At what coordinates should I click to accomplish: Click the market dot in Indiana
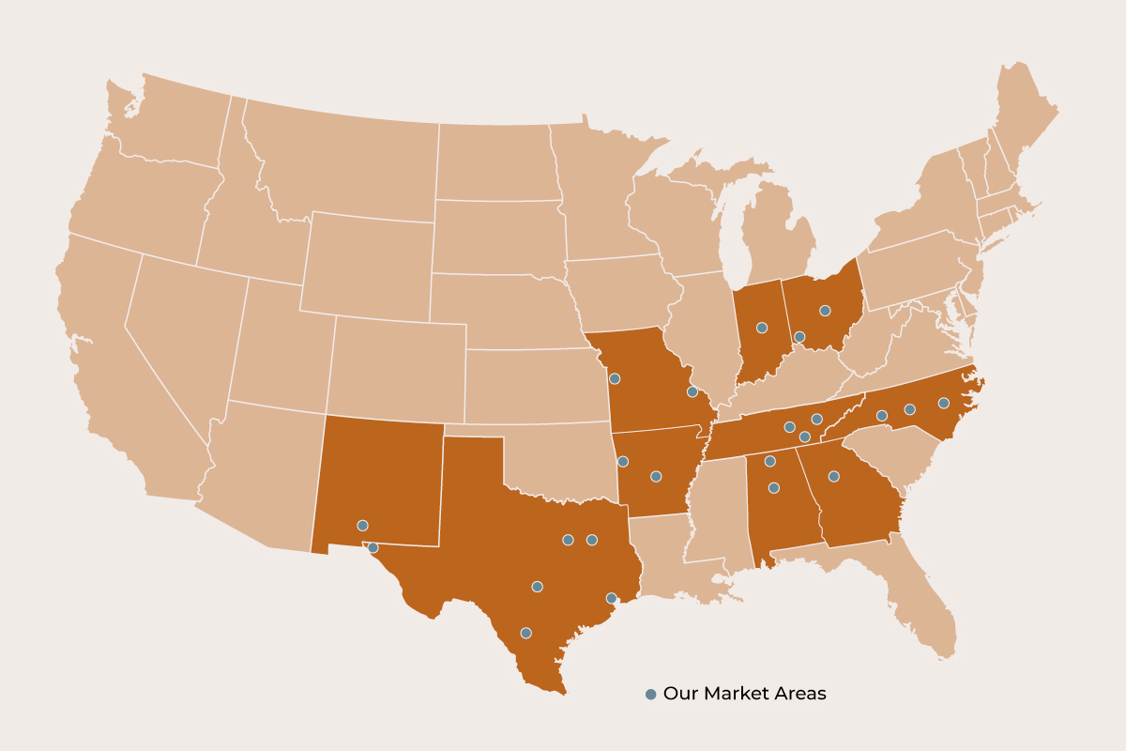[762, 328]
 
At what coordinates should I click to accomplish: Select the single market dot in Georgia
[833, 477]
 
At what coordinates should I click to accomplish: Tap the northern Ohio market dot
[825, 310]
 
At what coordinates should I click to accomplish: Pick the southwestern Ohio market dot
[799, 336]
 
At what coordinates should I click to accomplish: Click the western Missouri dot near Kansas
[615, 378]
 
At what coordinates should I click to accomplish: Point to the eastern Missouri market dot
[692, 391]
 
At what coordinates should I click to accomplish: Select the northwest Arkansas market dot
[623, 461]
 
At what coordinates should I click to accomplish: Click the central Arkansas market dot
[656, 476]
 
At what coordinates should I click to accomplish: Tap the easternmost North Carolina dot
[944, 403]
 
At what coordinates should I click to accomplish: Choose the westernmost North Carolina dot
[882, 415]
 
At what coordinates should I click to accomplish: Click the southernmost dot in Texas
[525, 633]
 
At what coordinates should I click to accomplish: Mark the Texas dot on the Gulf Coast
[611, 598]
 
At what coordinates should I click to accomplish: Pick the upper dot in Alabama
[769, 461]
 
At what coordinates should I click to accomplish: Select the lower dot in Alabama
[774, 487]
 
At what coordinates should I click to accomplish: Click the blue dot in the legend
[650, 695]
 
